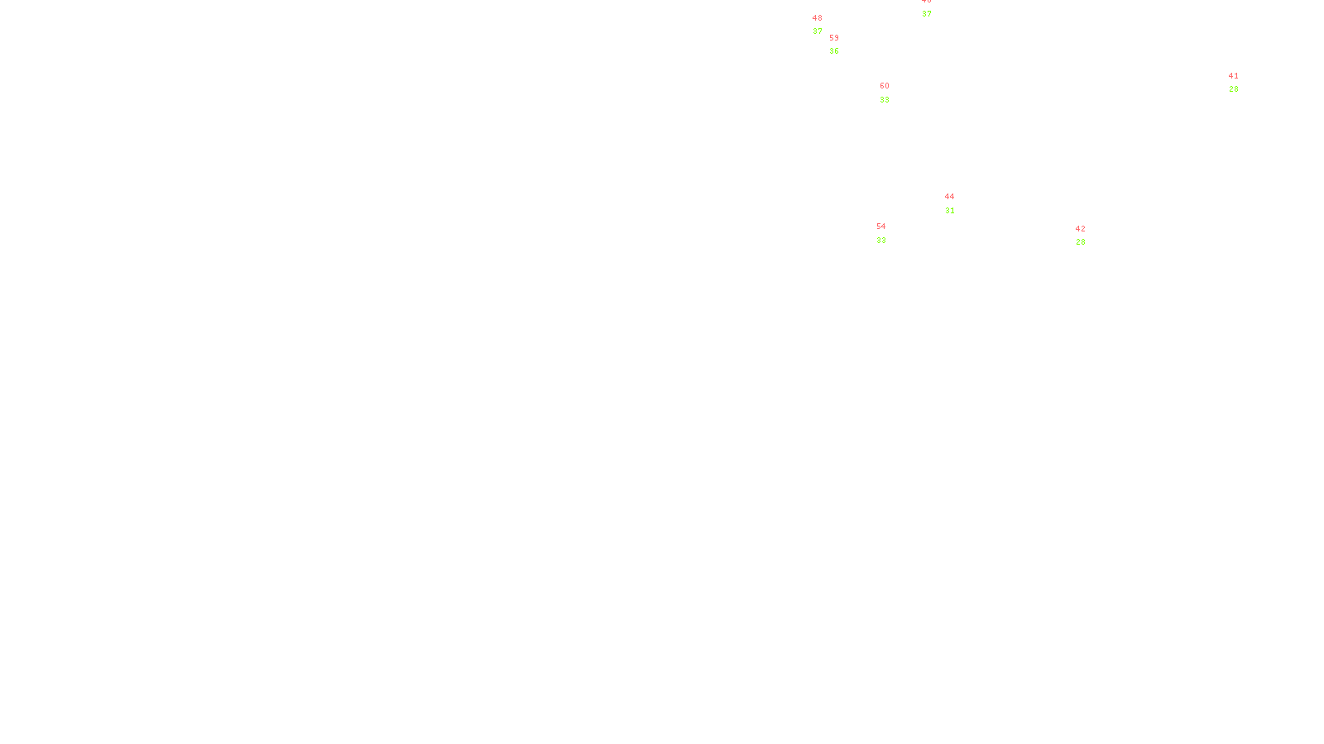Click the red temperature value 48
818,18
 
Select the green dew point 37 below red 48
818,31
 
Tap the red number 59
834,38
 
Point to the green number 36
834,51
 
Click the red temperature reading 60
885,86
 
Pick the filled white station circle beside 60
893,93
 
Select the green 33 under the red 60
885,100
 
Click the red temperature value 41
1234,76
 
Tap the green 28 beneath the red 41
1234,89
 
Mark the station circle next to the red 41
1241,83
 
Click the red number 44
949,197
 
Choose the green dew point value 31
950,211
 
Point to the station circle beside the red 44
957,203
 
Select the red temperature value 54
881,227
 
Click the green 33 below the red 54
881,241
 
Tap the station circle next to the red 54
889,233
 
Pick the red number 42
1080,229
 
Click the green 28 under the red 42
1081,242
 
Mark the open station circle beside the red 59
842,45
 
